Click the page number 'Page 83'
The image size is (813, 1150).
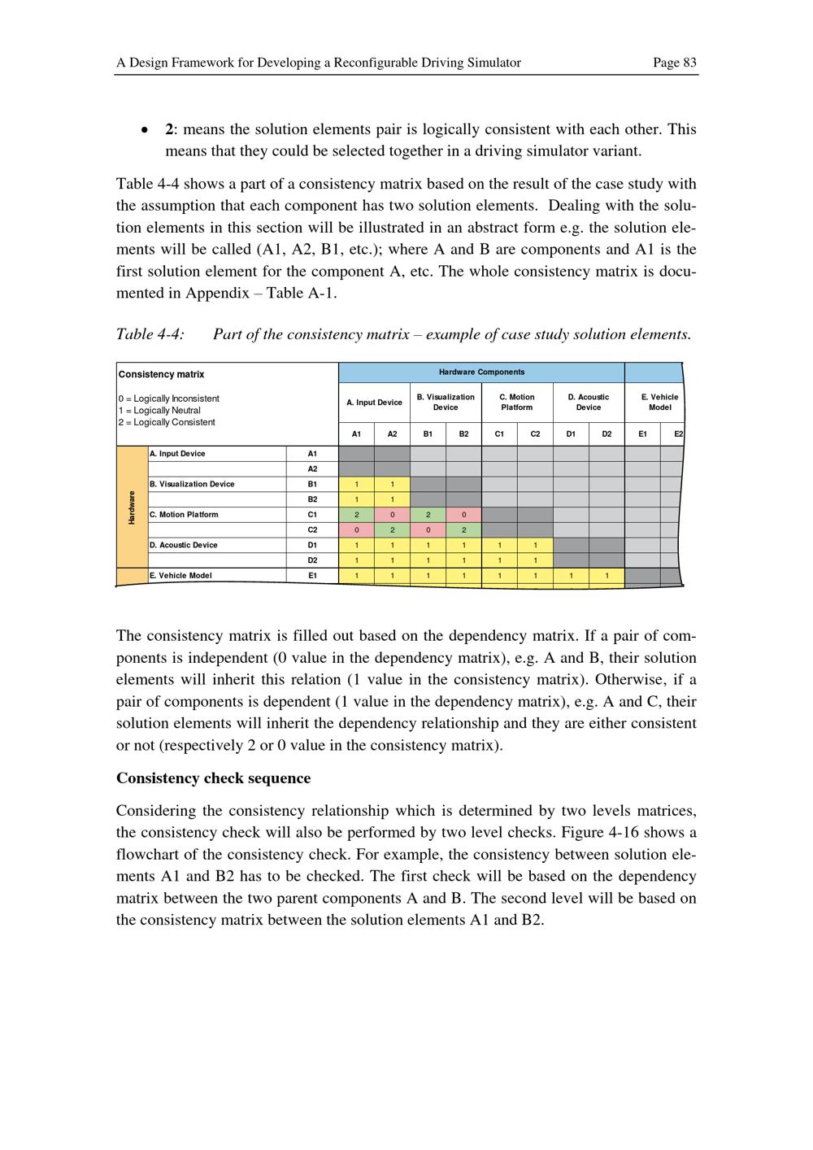click(674, 63)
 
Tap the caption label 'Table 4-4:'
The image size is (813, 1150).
click(150, 334)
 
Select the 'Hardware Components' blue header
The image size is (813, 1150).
click(481, 372)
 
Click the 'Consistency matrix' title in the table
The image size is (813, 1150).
click(162, 375)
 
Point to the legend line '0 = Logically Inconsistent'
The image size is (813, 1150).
click(169, 399)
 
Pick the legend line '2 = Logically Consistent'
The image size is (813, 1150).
click(167, 422)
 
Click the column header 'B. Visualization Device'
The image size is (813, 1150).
click(446, 403)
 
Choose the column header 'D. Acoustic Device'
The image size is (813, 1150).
click(589, 403)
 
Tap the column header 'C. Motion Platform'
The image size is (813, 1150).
click(517, 403)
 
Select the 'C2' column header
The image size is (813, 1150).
click(535, 434)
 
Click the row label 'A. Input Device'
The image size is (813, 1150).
click(177, 454)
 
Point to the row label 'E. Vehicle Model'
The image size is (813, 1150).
click(180, 576)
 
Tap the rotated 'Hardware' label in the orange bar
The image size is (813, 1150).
click(132, 507)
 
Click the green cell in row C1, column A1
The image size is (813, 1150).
click(356, 515)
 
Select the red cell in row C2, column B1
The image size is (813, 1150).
click(428, 530)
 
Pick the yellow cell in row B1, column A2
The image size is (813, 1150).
click(392, 485)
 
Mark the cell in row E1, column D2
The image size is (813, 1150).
click(606, 576)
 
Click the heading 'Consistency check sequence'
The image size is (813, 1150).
click(213, 778)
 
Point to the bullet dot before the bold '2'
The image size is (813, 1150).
click(145, 130)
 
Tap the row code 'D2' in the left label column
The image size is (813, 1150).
click(312, 560)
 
